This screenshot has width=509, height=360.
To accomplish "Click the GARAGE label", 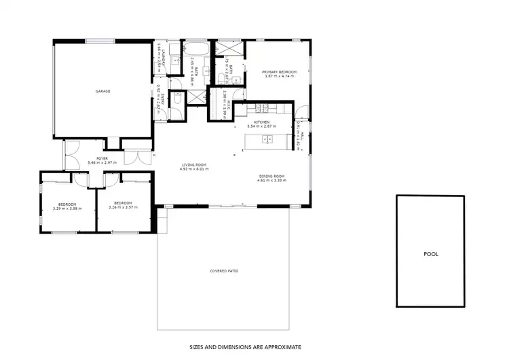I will click(x=102, y=91).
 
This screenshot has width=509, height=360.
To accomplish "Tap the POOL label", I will click(x=430, y=254).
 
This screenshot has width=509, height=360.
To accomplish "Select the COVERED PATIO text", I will click(x=223, y=271).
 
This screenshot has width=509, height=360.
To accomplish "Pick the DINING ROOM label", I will click(x=271, y=177).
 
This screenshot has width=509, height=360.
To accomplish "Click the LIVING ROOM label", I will click(x=193, y=164).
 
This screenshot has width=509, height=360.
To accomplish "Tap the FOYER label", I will click(x=102, y=159).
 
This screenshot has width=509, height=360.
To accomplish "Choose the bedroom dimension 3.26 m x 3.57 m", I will click(x=124, y=208).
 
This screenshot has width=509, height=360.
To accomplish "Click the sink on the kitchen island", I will click(x=267, y=140).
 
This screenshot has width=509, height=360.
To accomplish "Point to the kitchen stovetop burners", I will click(x=261, y=108).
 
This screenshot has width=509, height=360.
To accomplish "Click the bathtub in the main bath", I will click(x=198, y=51).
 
